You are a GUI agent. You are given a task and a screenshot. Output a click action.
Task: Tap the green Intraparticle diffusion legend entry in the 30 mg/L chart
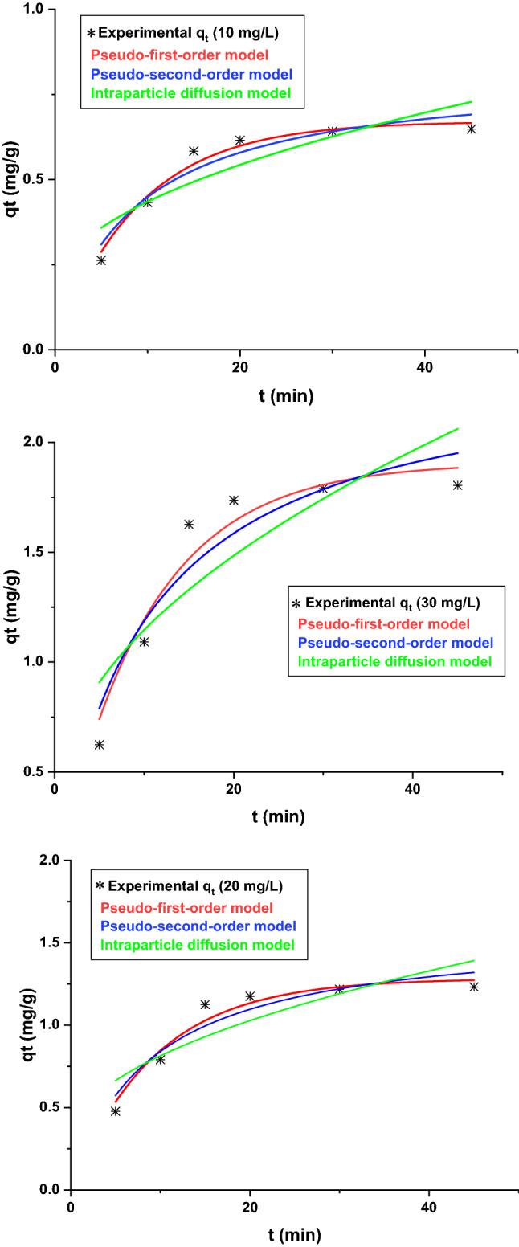pos(394,662)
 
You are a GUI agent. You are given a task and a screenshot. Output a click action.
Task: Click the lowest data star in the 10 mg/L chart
pos(101,260)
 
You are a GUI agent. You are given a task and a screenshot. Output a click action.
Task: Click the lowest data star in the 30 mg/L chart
pos(99,745)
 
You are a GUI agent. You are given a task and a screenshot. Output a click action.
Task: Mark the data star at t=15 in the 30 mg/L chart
pos(189,525)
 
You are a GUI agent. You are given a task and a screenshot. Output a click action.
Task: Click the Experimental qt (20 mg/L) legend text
pos(197,887)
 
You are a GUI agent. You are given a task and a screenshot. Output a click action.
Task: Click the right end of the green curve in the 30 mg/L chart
pos(457,428)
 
